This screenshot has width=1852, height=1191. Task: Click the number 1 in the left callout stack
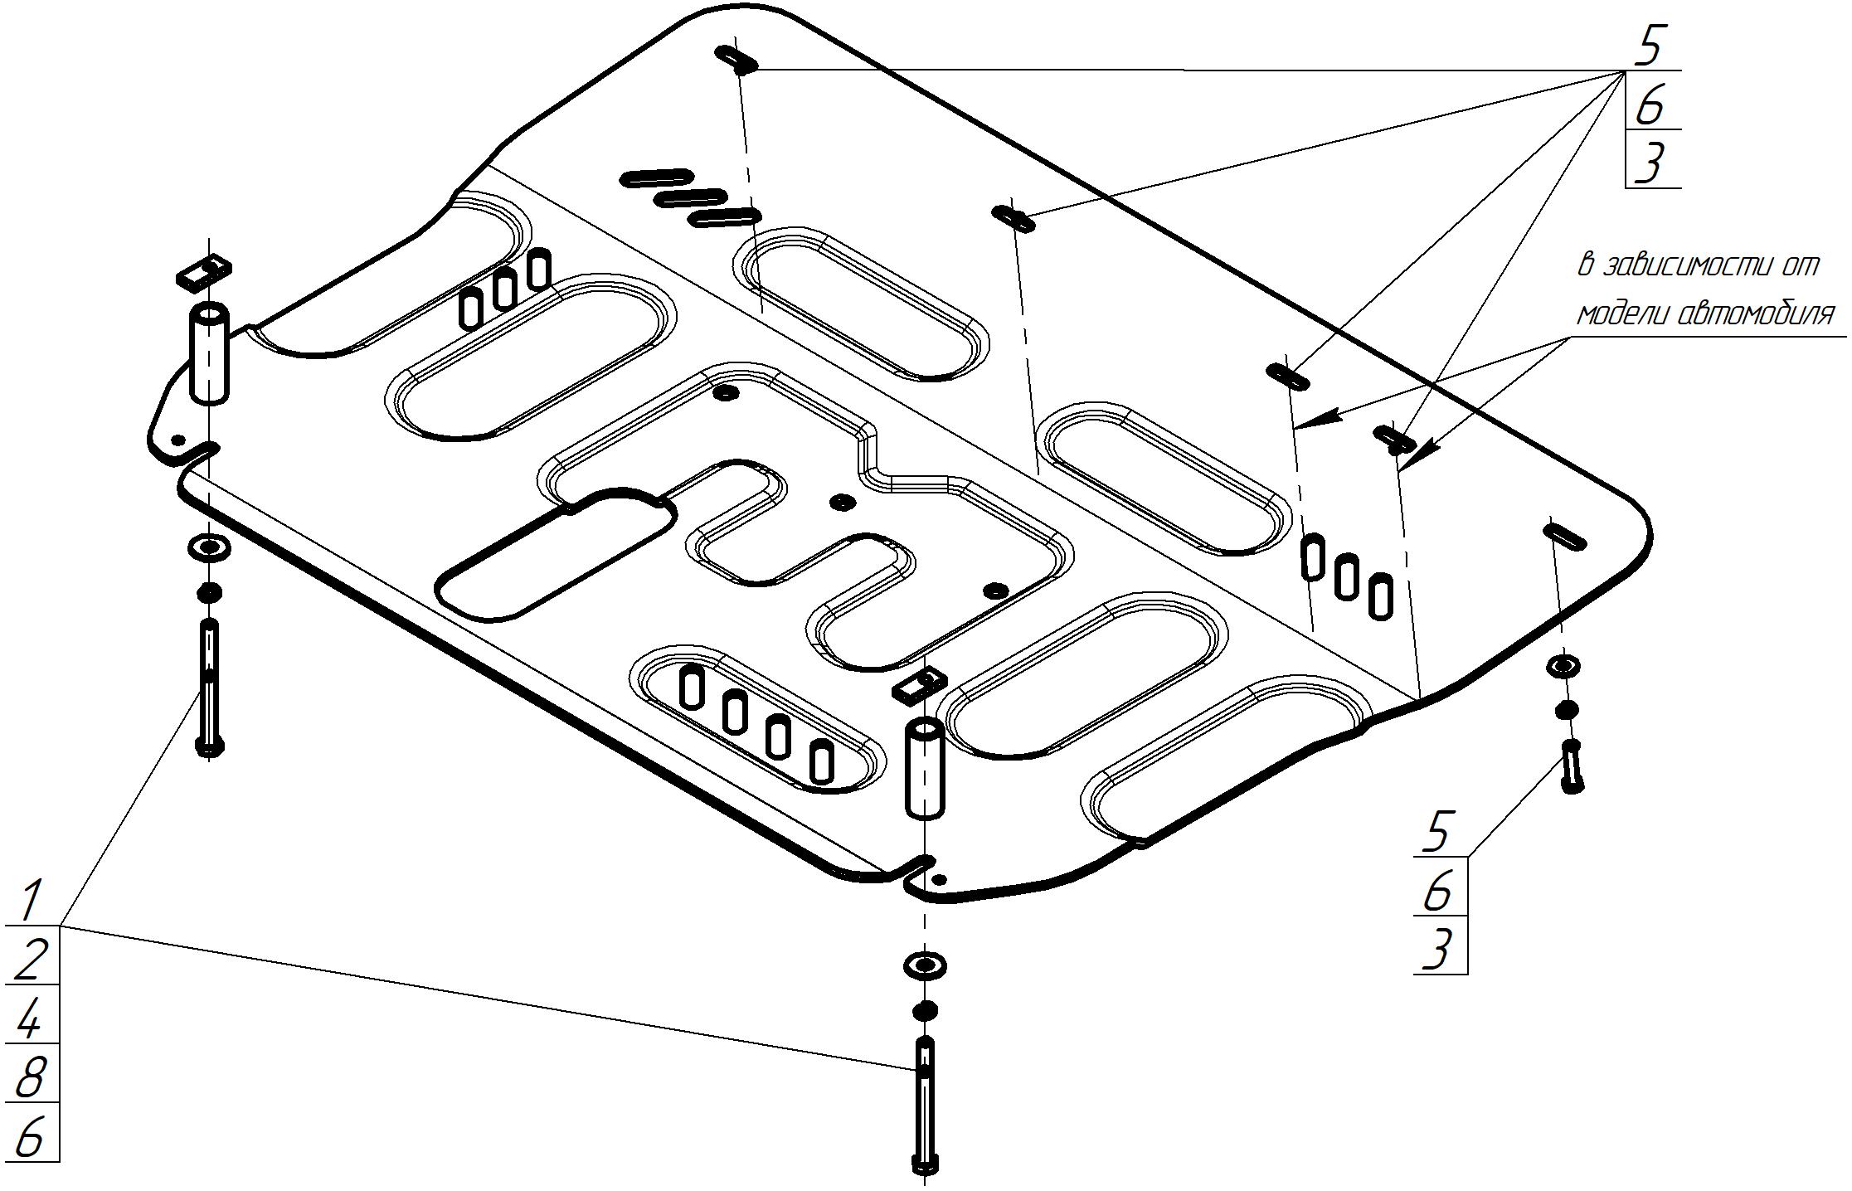[31, 902]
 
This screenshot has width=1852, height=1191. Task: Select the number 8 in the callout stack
[31, 1077]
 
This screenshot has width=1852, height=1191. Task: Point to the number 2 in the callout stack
[31, 960]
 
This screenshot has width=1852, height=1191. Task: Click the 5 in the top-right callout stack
[1650, 47]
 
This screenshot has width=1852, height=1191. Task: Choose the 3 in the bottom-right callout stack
[1439, 948]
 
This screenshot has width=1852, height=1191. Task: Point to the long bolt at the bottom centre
[925, 1107]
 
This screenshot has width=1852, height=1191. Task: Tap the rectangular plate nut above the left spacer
[203, 271]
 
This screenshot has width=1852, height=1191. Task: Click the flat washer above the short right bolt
[1563, 665]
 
